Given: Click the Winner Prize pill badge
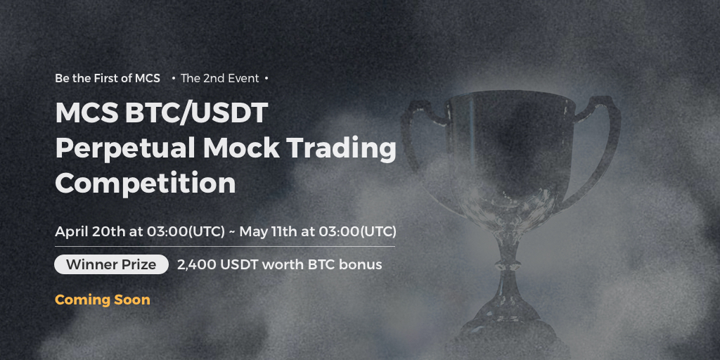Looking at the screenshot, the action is tap(111, 264).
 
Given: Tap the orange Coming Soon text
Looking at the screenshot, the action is tap(103, 300).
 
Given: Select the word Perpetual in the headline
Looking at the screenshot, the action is tap(125, 149).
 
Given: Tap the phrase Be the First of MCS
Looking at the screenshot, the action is tap(108, 79).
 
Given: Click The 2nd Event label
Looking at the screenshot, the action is tap(220, 79).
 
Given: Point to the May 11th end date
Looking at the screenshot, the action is tap(268, 231).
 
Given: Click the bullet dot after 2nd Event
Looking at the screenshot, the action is tap(266, 79).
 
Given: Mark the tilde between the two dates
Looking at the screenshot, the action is tap(232, 232).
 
